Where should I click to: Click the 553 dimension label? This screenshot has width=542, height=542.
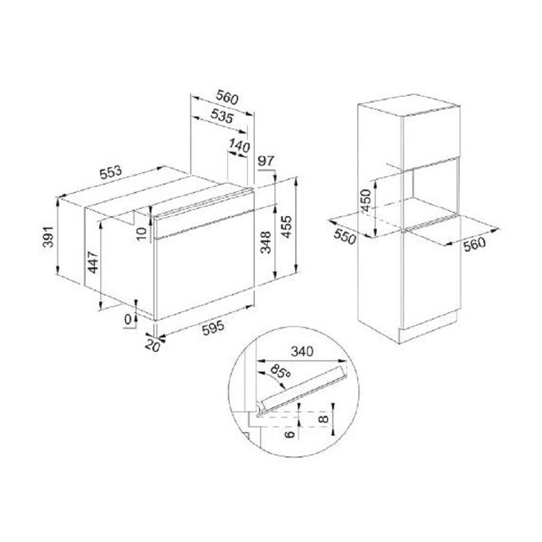tap(111, 172)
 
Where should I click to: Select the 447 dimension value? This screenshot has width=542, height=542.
tap(93, 262)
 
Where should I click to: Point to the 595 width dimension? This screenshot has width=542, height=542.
tap(213, 328)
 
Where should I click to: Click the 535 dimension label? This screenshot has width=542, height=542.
tap(222, 116)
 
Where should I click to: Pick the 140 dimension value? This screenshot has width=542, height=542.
tap(239, 146)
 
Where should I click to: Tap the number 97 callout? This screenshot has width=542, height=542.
tap(266, 162)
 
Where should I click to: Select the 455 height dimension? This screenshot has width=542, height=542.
tap(287, 227)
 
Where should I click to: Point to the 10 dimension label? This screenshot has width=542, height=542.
tap(141, 234)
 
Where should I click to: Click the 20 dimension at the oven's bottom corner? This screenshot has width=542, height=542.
tap(152, 346)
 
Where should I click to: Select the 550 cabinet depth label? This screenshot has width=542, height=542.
tap(345, 237)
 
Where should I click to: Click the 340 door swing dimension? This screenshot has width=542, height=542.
tap(302, 351)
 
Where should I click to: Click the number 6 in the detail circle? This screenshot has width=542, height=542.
tap(291, 433)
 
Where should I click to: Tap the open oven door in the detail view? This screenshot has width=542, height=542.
tap(304, 388)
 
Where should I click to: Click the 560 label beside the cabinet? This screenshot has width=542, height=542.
tap(474, 244)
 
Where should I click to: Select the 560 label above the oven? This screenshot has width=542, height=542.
tap(227, 97)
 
